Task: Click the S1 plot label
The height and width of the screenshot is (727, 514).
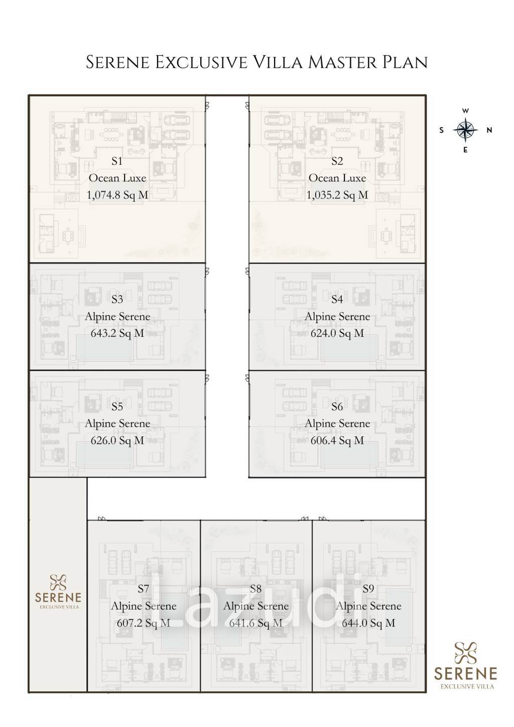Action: [117, 161]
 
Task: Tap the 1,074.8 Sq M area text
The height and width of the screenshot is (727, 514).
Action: [117, 195]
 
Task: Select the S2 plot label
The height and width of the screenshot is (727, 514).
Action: [337, 161]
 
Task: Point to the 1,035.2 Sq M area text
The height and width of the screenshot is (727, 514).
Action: [337, 195]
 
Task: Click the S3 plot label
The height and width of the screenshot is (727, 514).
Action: [117, 299]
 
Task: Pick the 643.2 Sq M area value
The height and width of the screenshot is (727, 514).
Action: [117, 333]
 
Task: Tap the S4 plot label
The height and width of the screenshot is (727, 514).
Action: [337, 299]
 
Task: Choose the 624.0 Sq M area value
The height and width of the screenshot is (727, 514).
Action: [337, 333]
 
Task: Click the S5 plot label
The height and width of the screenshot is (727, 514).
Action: [117, 406]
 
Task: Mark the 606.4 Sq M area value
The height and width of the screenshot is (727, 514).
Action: [337, 440]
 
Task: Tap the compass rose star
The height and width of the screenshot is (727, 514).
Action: [465, 130]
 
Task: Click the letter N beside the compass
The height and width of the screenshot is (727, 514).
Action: [489, 130]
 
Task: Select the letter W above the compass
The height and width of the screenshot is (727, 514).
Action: [465, 110]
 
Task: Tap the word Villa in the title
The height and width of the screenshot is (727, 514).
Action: [278, 62]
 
